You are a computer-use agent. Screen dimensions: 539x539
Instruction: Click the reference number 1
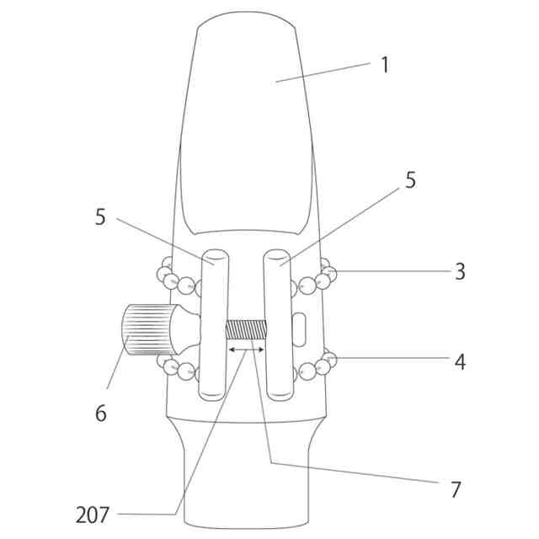(x=385, y=66)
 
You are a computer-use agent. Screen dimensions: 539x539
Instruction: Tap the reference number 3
(x=460, y=271)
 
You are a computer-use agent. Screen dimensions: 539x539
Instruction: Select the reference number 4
(x=460, y=362)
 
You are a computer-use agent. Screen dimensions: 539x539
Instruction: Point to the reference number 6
(x=101, y=413)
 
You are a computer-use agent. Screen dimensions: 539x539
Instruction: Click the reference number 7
(x=456, y=488)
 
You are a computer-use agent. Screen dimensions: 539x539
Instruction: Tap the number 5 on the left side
(x=101, y=216)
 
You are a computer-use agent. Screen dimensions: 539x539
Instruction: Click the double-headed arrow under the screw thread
(x=246, y=347)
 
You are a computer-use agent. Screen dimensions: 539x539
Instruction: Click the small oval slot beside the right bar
(x=301, y=328)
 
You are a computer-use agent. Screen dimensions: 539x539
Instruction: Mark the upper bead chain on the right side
(x=316, y=279)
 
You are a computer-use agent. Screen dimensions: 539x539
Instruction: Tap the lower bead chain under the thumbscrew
(x=174, y=366)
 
